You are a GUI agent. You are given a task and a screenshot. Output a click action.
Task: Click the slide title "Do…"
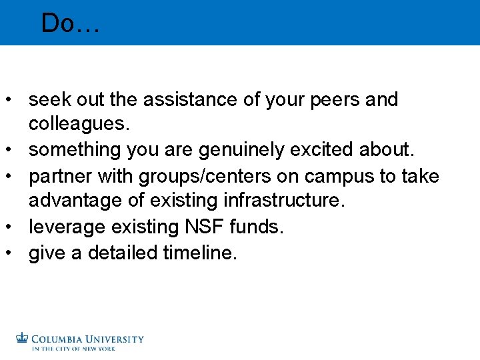70,23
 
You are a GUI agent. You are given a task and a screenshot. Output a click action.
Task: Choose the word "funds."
257,227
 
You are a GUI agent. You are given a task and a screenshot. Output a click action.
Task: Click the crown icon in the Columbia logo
23,338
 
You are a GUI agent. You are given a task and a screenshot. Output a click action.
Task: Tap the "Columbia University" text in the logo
87,339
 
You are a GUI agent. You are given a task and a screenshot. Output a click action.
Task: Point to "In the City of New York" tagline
73,349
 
